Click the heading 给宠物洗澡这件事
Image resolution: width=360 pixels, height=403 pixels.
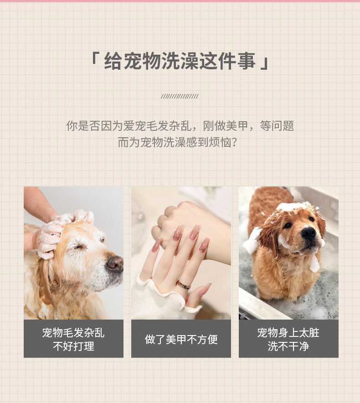point(180,62)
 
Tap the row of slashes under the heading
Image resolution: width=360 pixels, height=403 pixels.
point(180,96)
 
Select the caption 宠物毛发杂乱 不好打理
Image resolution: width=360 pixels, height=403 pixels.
point(73,339)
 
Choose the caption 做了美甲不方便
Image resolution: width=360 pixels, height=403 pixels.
point(181,339)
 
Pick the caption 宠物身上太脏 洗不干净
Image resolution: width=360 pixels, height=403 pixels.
point(288,339)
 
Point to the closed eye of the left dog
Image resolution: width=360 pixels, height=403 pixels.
point(81,247)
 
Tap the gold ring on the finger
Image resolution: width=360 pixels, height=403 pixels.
point(184,285)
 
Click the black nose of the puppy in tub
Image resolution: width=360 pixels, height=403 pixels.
point(308,233)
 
